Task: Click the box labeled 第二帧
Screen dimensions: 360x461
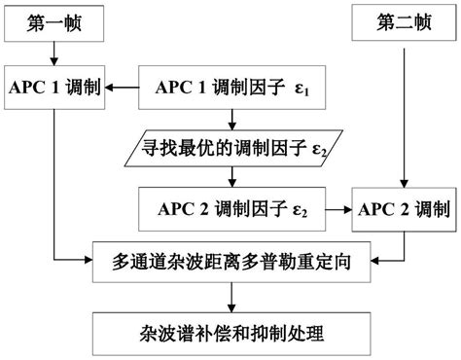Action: [401, 22]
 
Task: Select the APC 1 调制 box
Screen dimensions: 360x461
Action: [54, 89]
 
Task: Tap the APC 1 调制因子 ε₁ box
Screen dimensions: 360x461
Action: [231, 89]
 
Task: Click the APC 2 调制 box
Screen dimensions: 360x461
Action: [403, 208]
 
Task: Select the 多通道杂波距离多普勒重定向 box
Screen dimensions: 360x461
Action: [231, 260]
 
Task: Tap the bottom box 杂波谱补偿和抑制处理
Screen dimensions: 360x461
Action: [230, 333]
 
